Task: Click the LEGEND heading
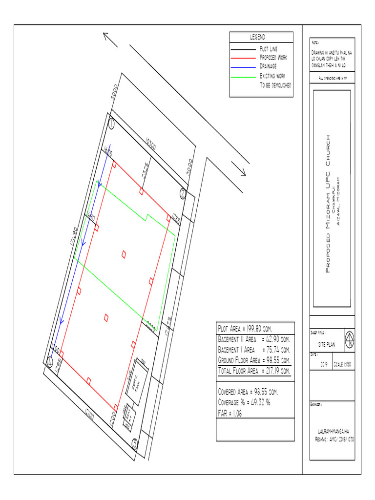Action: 258,38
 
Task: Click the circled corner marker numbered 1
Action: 112,125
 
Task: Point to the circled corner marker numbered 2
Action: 183,192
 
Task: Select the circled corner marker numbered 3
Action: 135,443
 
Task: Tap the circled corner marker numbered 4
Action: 49,362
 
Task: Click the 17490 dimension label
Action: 74,236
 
